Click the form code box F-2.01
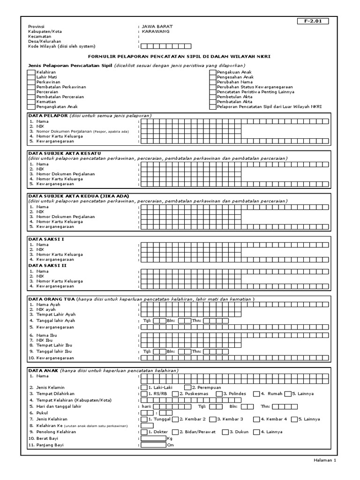[313, 21]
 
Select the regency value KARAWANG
[156, 31]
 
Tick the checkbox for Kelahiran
[31, 73]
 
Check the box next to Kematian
[31, 102]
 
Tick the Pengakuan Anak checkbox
[213, 73]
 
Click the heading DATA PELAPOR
[48, 115]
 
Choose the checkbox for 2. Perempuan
[187, 388]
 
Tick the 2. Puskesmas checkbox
[175, 394]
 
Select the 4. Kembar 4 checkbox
[256, 419]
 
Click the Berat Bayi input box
[153, 438]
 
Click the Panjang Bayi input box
[153, 445]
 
